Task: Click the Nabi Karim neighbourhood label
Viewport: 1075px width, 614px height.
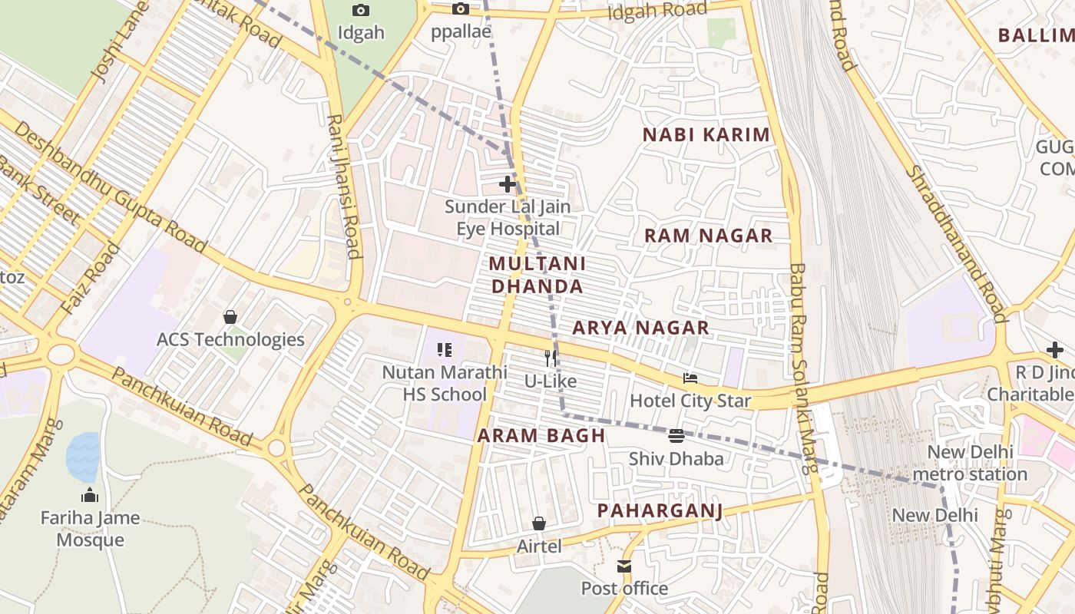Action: pyautogui.click(x=706, y=135)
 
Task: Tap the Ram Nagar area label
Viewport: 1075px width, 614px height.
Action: pyautogui.click(x=708, y=236)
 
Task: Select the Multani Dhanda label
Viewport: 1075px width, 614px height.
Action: pyautogui.click(x=537, y=275)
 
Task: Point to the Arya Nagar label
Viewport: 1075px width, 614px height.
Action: pyautogui.click(x=640, y=328)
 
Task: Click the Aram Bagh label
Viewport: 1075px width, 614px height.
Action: pyautogui.click(x=541, y=436)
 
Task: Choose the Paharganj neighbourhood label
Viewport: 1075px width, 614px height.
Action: pyautogui.click(x=660, y=511)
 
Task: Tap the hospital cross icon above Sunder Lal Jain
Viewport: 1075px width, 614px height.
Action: pyautogui.click(x=508, y=184)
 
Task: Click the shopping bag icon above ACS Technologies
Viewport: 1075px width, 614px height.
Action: pyautogui.click(x=230, y=316)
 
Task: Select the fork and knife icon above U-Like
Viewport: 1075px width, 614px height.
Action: pyautogui.click(x=551, y=358)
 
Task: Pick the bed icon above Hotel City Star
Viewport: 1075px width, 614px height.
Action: pyautogui.click(x=690, y=378)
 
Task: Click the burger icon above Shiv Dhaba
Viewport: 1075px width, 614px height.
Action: pyautogui.click(x=676, y=436)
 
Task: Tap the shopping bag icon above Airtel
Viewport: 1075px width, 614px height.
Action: pyautogui.click(x=539, y=523)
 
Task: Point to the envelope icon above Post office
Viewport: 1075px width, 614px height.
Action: pyautogui.click(x=624, y=566)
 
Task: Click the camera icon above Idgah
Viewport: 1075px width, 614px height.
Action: pyautogui.click(x=360, y=11)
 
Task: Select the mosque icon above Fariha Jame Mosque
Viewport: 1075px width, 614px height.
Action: pyautogui.click(x=90, y=495)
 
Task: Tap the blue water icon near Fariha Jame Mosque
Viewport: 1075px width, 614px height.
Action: pyautogui.click(x=83, y=457)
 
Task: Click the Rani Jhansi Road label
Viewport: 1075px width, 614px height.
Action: pyautogui.click(x=344, y=187)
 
